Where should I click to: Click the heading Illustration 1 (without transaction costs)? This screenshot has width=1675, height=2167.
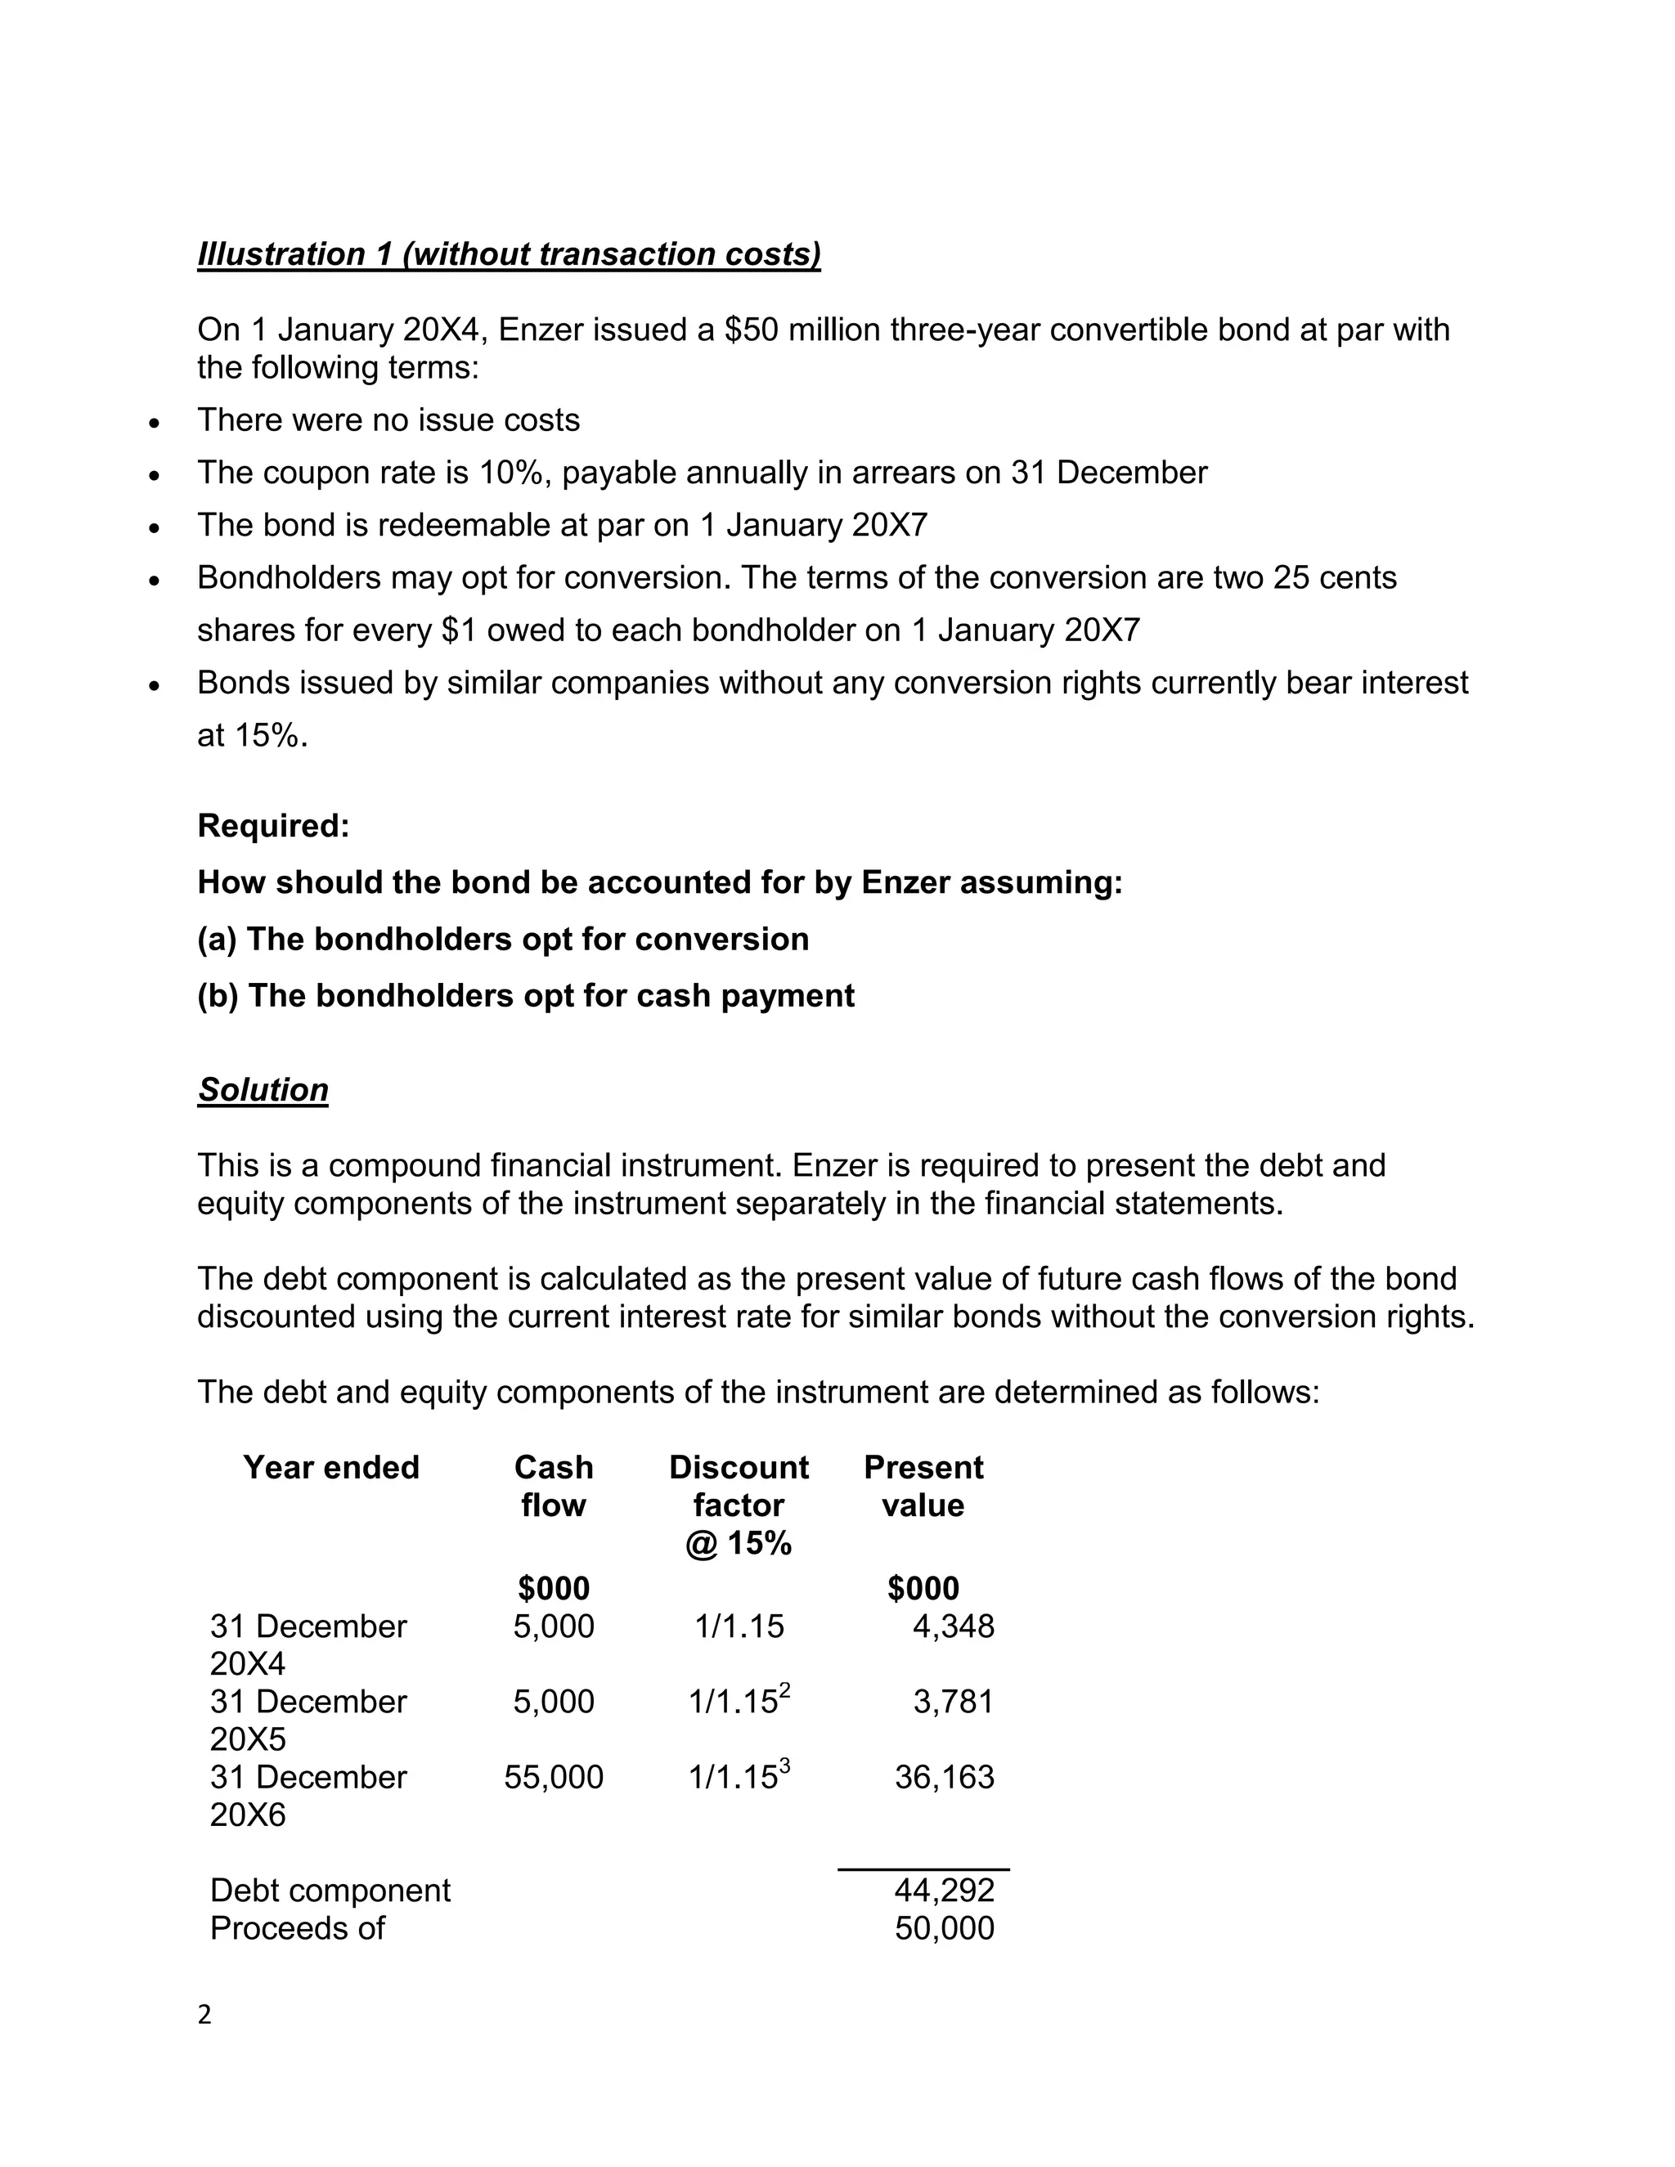click(x=509, y=254)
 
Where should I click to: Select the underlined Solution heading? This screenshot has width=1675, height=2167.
click(x=263, y=1089)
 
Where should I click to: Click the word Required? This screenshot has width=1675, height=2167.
click(x=274, y=826)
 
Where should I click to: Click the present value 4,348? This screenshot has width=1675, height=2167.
click(x=953, y=1626)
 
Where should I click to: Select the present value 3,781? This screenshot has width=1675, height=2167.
click(x=953, y=1702)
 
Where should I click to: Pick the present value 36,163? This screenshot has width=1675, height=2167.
click(x=944, y=1777)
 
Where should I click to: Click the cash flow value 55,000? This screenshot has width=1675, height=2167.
click(x=554, y=1777)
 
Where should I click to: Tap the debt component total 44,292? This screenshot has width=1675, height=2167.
click(x=944, y=1890)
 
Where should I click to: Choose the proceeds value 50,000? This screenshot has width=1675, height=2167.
click(x=944, y=1928)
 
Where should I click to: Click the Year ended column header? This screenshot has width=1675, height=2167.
click(x=331, y=1468)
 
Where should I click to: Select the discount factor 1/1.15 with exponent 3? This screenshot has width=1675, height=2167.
click(x=739, y=1776)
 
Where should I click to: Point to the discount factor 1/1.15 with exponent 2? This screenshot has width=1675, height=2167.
click(x=739, y=1701)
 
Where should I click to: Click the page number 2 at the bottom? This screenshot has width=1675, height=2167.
click(x=204, y=2015)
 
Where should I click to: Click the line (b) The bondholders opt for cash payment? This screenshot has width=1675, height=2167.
click(x=526, y=995)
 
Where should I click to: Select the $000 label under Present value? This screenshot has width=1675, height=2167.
click(x=923, y=1589)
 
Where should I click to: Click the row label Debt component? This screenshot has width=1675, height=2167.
click(x=330, y=1890)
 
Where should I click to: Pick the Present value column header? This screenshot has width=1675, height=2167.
click(x=923, y=1487)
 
